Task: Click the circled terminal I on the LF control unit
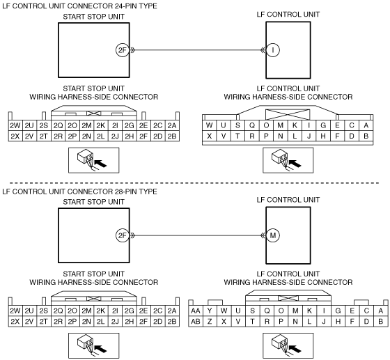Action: (x=273, y=50)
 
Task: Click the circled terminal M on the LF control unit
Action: (x=273, y=235)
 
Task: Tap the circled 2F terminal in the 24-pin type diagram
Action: (x=123, y=50)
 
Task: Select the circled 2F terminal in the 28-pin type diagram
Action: (x=123, y=235)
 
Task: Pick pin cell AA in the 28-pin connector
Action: (x=196, y=311)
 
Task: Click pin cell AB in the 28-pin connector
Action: (x=196, y=322)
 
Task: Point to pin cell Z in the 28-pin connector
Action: (x=210, y=322)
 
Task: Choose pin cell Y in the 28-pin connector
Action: (x=210, y=311)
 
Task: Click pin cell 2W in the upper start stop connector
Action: (x=15, y=125)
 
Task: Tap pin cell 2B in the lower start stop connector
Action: (x=172, y=322)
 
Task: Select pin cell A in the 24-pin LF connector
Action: (x=366, y=125)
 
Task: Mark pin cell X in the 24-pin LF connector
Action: (x=210, y=136)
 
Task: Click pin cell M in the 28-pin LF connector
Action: (x=295, y=311)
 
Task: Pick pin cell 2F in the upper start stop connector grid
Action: (x=143, y=136)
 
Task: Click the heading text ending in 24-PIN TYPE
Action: (x=79, y=6)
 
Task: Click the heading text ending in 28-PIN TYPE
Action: (x=79, y=191)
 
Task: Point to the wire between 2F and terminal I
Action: (x=198, y=50)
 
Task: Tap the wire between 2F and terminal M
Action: (x=198, y=235)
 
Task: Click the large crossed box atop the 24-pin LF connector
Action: (x=288, y=115)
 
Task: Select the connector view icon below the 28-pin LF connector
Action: (x=288, y=345)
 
